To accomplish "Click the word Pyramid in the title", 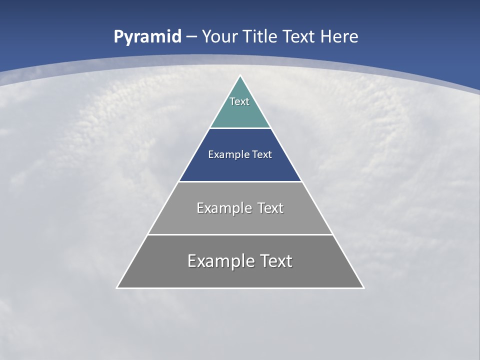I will pos(147,37).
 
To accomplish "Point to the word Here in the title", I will pos(339,36).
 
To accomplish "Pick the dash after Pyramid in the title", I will pos(191,37).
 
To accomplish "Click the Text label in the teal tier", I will pos(239,101).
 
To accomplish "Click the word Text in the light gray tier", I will pos(270,208).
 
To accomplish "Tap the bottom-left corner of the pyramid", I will pos(117,288).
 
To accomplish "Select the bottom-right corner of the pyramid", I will pos(363,288).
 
